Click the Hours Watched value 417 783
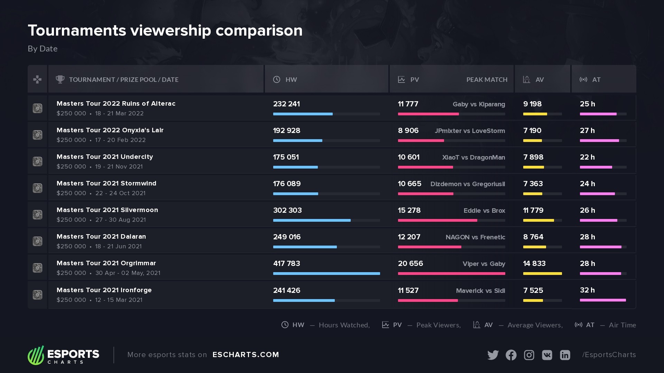click(286, 264)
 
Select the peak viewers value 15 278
click(409, 210)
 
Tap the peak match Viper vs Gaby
click(484, 264)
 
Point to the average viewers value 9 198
click(532, 104)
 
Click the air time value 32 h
click(587, 290)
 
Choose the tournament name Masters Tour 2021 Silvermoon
click(107, 210)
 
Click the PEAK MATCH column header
click(487, 80)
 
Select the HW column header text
click(291, 80)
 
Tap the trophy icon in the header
click(60, 79)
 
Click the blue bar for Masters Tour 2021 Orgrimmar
click(326, 274)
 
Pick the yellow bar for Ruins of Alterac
click(535, 114)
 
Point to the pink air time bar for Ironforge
click(602, 300)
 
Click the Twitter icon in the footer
click(493, 355)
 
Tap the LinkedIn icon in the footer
click(565, 355)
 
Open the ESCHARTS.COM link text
click(246, 355)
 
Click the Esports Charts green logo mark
click(36, 355)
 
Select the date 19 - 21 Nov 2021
click(119, 167)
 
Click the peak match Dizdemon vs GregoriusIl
click(468, 184)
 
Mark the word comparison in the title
click(259, 30)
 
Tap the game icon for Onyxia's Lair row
click(37, 135)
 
